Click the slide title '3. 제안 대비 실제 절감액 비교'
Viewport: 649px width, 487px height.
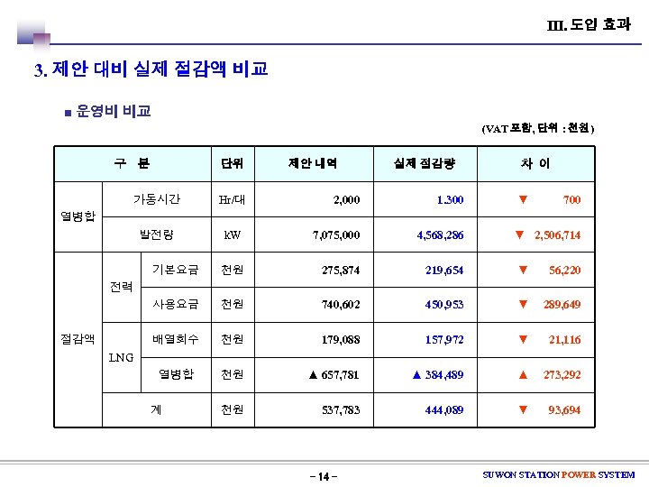(x=151, y=69)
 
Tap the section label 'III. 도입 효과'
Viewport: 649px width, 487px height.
(x=589, y=24)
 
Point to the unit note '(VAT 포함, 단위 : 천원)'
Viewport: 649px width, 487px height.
(x=538, y=128)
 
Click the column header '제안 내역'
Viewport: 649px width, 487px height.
(x=313, y=163)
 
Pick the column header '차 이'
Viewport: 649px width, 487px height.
(x=534, y=163)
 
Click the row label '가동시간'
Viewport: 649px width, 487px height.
(x=157, y=198)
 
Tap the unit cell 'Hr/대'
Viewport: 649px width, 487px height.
(x=233, y=199)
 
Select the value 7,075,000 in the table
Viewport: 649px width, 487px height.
(x=336, y=234)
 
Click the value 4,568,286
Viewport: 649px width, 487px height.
(x=440, y=234)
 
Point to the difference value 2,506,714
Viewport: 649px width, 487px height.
(x=557, y=234)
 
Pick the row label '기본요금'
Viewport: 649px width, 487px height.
(x=175, y=270)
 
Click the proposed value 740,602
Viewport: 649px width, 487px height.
(x=341, y=305)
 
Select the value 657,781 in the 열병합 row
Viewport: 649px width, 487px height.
(x=341, y=374)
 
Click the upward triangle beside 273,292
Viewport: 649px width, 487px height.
(x=523, y=374)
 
